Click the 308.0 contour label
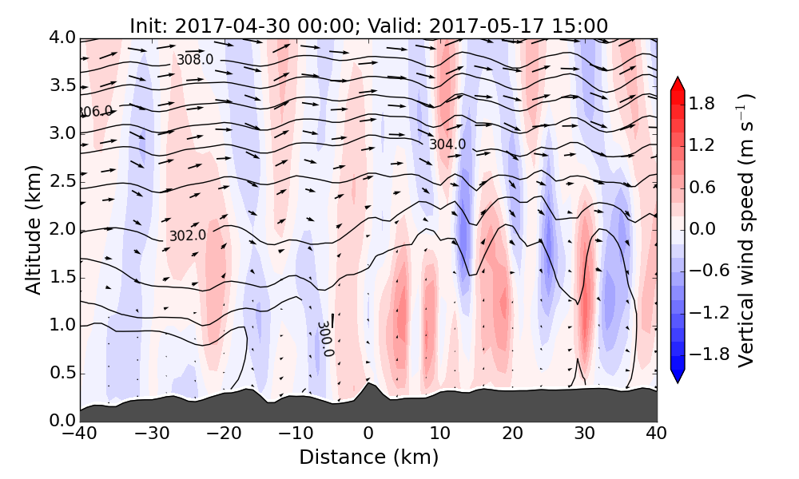tap(195, 60)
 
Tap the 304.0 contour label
tap(447, 144)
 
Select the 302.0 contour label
tap(187, 236)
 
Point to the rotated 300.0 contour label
tap(325, 338)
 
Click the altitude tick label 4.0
tap(55, 38)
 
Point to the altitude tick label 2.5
tap(55, 181)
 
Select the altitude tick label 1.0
tap(55, 325)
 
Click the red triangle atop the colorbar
tap(678, 84)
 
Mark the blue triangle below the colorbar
tap(678, 376)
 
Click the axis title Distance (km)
tap(368, 457)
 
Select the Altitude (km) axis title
tap(33, 230)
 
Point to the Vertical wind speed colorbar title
tap(747, 230)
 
